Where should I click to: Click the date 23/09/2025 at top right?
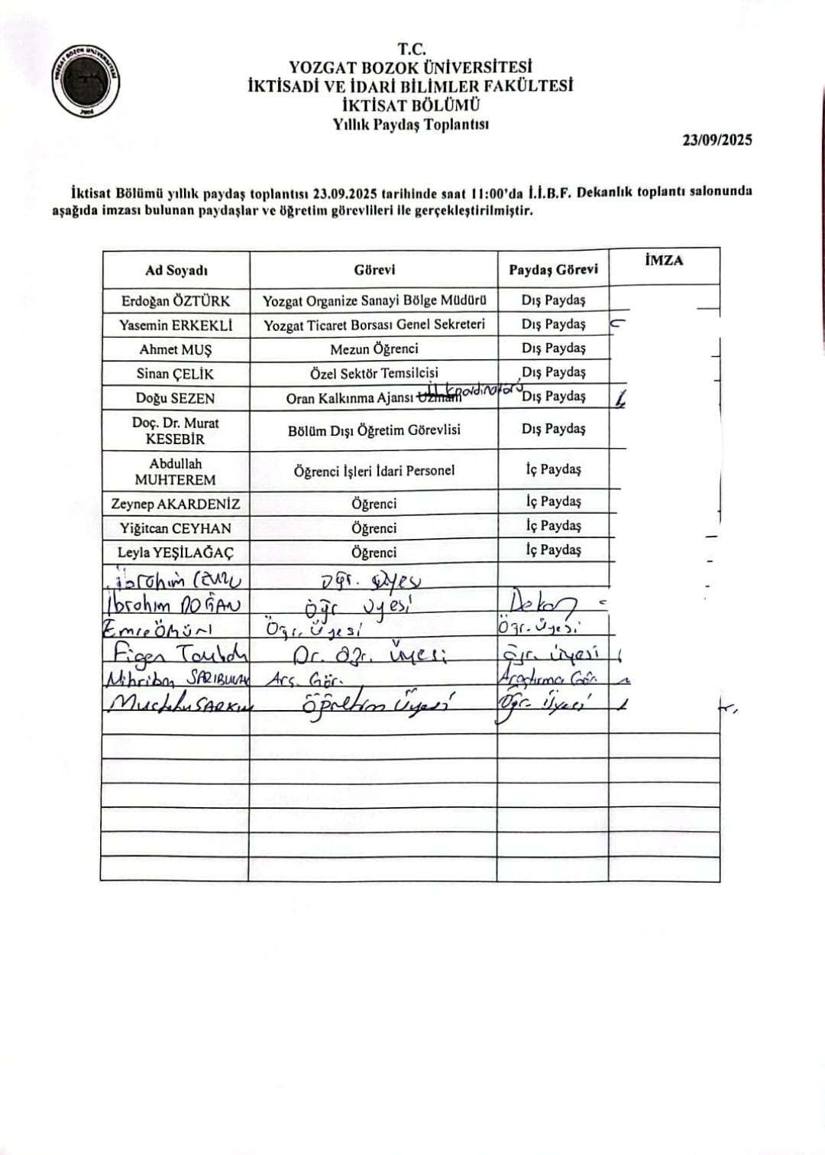coord(717,140)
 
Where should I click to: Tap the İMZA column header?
coord(664,261)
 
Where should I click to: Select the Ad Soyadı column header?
coord(176,271)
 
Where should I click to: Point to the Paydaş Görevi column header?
coord(553,270)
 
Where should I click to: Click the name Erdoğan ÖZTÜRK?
coord(176,300)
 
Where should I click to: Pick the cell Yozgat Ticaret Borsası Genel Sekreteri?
coord(374,324)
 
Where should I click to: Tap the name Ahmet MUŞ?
coord(176,349)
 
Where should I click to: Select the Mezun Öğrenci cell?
coord(374,349)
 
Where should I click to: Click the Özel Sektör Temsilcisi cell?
coord(374,373)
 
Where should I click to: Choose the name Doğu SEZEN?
coord(176,397)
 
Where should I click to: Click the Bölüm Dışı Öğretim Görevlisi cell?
coord(374,430)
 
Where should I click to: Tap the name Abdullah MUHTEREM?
coord(176,471)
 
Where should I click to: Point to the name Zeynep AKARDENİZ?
coord(176,504)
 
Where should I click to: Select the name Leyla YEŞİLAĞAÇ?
coord(176,552)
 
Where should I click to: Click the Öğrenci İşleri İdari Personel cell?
coord(374,471)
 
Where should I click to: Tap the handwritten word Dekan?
coord(547,602)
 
